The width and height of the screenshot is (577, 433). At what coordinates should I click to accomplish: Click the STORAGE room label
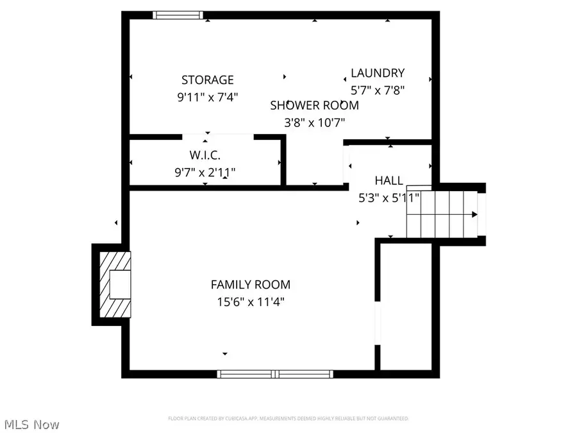tap(207, 80)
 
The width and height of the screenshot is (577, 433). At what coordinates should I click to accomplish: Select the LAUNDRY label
tap(378, 73)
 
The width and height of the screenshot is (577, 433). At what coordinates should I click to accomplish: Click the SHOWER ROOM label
tap(314, 105)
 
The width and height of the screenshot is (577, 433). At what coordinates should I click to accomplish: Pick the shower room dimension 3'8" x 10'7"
tap(314, 122)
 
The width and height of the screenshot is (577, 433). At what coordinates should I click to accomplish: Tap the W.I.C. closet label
tap(205, 156)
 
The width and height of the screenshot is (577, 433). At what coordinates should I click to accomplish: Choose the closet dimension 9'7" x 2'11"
tap(205, 172)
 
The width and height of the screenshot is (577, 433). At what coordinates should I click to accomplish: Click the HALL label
tap(389, 182)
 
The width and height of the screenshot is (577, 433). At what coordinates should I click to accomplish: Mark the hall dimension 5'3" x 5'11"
tap(389, 198)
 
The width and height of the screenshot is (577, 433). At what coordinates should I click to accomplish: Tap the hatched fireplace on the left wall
tap(115, 284)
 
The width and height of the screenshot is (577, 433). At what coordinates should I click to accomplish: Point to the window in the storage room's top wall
tap(178, 15)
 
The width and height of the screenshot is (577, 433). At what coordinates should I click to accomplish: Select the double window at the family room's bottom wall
tap(274, 373)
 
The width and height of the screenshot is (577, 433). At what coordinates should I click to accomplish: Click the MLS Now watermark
tap(32, 425)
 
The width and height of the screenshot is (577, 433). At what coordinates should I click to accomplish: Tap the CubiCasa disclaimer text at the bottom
tap(288, 418)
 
